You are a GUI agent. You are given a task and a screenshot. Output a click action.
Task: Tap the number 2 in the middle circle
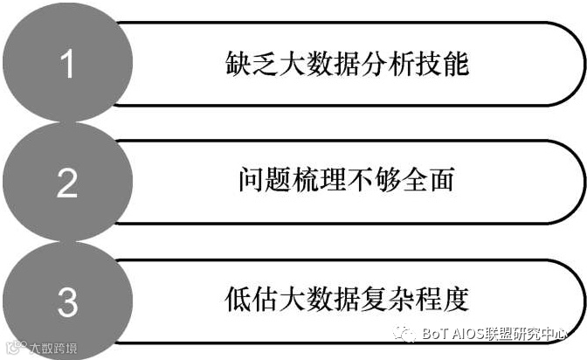point(67,183)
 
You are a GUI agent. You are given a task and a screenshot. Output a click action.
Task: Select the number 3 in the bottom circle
point(68,301)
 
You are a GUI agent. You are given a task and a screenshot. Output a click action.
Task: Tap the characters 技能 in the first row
point(430,66)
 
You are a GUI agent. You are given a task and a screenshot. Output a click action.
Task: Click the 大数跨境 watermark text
point(52,349)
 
